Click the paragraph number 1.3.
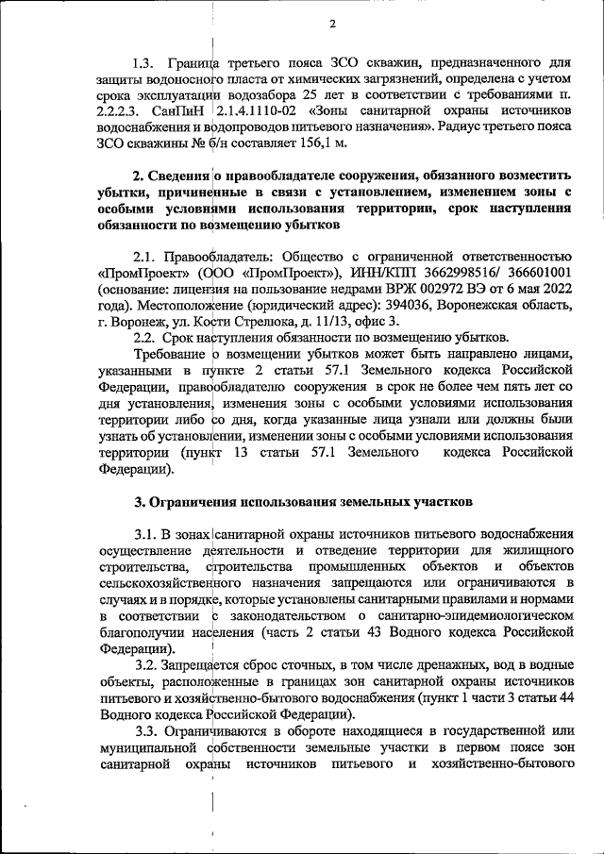148,64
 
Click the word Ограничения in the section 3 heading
196,499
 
